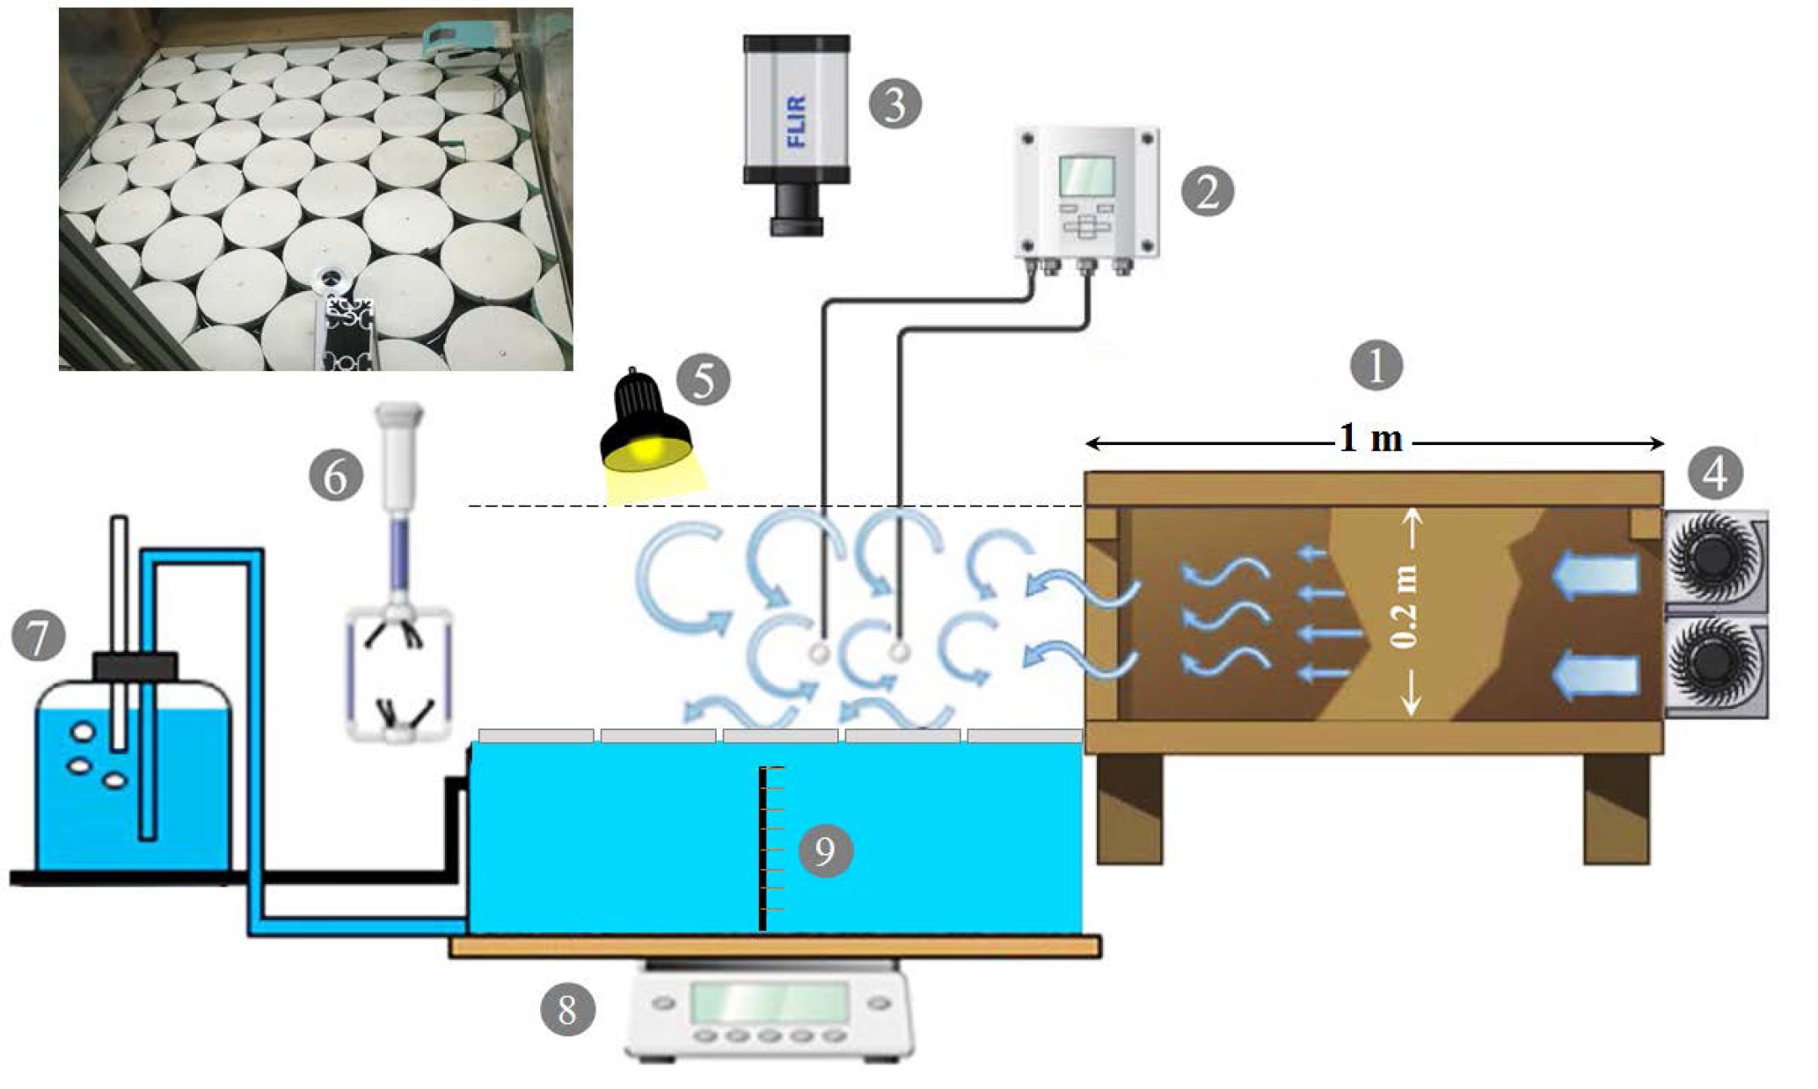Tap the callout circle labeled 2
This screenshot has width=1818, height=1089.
click(1207, 192)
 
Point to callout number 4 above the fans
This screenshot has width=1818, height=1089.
click(1715, 474)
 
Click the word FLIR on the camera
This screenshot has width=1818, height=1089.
click(796, 121)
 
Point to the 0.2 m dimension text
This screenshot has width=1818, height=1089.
click(1405, 607)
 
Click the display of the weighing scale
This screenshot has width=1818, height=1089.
click(770, 1002)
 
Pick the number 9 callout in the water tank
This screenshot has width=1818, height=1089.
click(825, 851)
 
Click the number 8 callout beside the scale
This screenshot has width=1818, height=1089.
click(567, 1009)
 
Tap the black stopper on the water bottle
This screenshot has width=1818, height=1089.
click(135, 666)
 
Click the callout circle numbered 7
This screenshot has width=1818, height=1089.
click(39, 635)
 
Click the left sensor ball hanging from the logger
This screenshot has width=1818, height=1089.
click(820, 653)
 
